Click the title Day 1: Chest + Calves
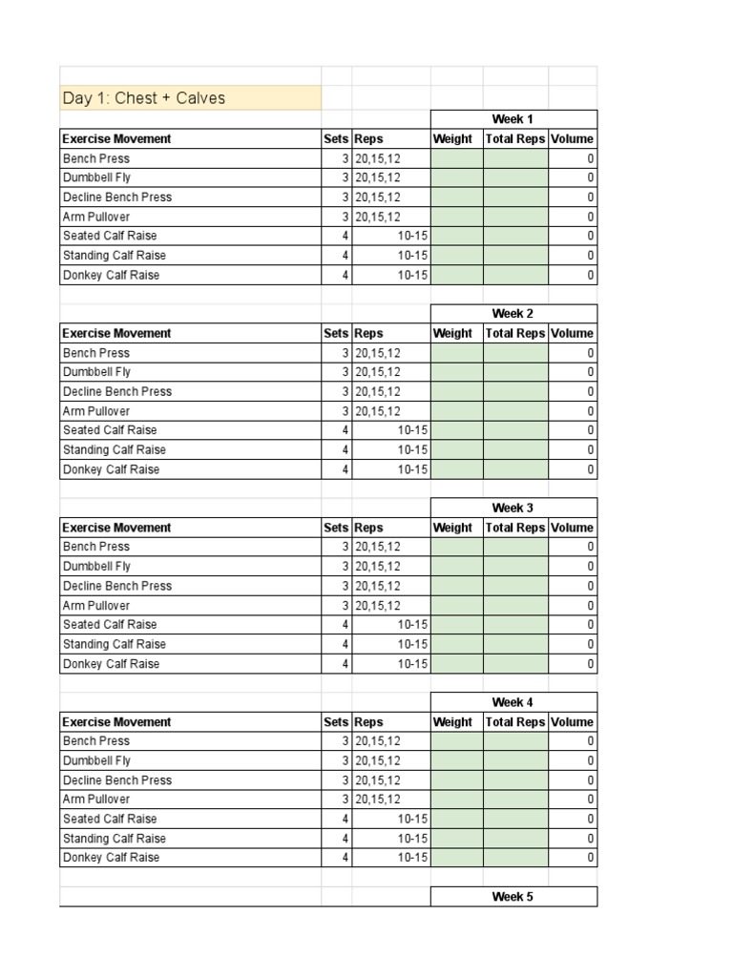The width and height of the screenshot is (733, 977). pyautogui.click(x=144, y=98)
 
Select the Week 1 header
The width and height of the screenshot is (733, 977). pyautogui.click(x=513, y=119)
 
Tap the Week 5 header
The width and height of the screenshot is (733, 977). pyautogui.click(x=513, y=897)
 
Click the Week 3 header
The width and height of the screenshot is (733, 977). pyautogui.click(x=513, y=508)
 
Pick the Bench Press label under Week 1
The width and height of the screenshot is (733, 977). pyautogui.click(x=96, y=158)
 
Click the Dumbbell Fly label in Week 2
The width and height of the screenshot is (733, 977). pyautogui.click(x=97, y=372)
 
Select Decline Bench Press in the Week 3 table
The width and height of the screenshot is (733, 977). pyautogui.click(x=117, y=586)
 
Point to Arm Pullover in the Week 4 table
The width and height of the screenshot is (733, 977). pyautogui.click(x=96, y=800)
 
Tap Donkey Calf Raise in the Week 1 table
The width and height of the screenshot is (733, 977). pyautogui.click(x=111, y=275)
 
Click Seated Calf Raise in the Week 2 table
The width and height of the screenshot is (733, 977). pyautogui.click(x=110, y=430)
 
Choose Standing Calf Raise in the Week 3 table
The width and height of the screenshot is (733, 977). pyautogui.click(x=115, y=644)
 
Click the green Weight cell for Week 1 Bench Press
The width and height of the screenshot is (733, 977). pyautogui.click(x=457, y=158)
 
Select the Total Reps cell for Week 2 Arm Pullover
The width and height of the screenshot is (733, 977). pyautogui.click(x=515, y=411)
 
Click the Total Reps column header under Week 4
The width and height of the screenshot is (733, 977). pyautogui.click(x=515, y=722)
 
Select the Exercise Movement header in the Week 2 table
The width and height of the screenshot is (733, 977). pyautogui.click(x=117, y=333)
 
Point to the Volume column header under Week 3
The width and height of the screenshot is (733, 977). pyautogui.click(x=572, y=528)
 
